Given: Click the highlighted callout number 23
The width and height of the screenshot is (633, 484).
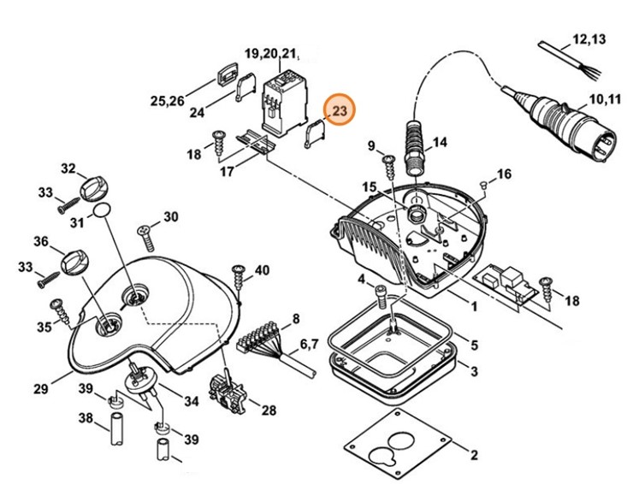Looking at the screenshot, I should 340,111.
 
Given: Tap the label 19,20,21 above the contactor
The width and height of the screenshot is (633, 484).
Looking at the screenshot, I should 273,54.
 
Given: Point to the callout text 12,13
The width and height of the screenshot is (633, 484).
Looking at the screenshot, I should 589,39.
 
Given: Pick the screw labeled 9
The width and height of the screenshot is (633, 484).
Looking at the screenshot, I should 387,161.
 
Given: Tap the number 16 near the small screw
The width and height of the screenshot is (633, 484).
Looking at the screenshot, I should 504,174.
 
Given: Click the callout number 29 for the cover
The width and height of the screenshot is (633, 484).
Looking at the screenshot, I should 40,390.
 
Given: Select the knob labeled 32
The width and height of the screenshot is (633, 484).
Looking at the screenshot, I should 91,186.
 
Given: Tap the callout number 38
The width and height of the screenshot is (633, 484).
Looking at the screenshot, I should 85,418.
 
